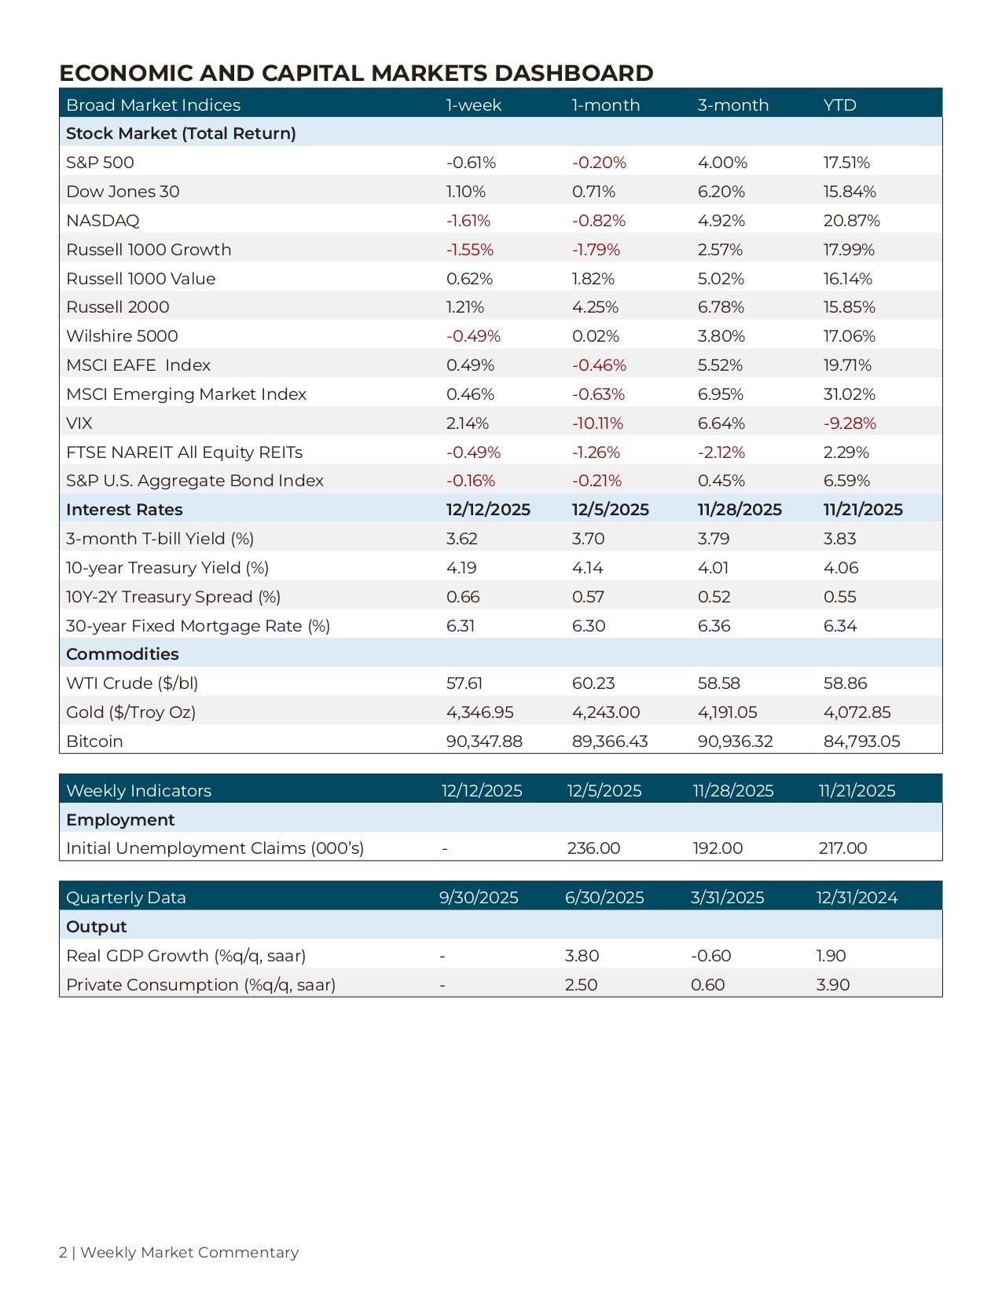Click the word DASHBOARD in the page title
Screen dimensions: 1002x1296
(x=574, y=73)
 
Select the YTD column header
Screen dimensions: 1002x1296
(x=839, y=105)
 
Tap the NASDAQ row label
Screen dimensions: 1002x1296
(x=103, y=221)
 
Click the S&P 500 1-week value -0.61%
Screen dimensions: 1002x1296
(x=471, y=163)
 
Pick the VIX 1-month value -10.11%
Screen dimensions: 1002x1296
(x=597, y=423)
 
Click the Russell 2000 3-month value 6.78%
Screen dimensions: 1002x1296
(x=721, y=307)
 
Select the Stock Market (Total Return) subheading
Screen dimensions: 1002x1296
(x=181, y=134)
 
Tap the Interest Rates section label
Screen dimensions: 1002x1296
(x=124, y=510)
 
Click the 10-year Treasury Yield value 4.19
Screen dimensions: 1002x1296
(x=461, y=568)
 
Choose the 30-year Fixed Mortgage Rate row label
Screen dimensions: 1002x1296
(x=198, y=626)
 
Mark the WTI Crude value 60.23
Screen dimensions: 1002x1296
(x=593, y=683)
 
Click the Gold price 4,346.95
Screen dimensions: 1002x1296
(x=480, y=712)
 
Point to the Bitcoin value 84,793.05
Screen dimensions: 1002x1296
(x=862, y=742)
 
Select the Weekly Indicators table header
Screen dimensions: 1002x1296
(x=138, y=791)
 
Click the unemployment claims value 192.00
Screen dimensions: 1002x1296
(x=718, y=848)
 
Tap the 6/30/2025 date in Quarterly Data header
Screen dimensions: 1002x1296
(x=604, y=898)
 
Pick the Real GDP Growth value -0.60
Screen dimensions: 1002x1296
(x=710, y=956)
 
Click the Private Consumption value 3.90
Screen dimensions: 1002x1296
(x=832, y=985)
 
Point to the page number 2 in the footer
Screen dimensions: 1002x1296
(x=63, y=1253)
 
